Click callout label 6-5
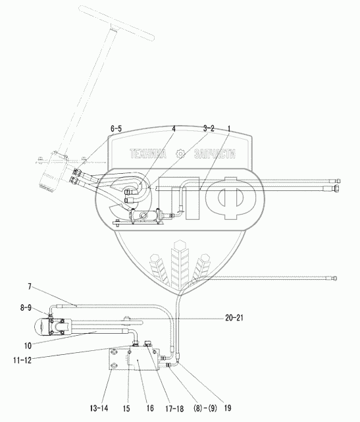116,128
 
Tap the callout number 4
174,129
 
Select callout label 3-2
209,128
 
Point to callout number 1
229,128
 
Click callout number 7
30,286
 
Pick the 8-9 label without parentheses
26,307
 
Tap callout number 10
28,346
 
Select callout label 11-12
22,360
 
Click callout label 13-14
99,408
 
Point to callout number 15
126,408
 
